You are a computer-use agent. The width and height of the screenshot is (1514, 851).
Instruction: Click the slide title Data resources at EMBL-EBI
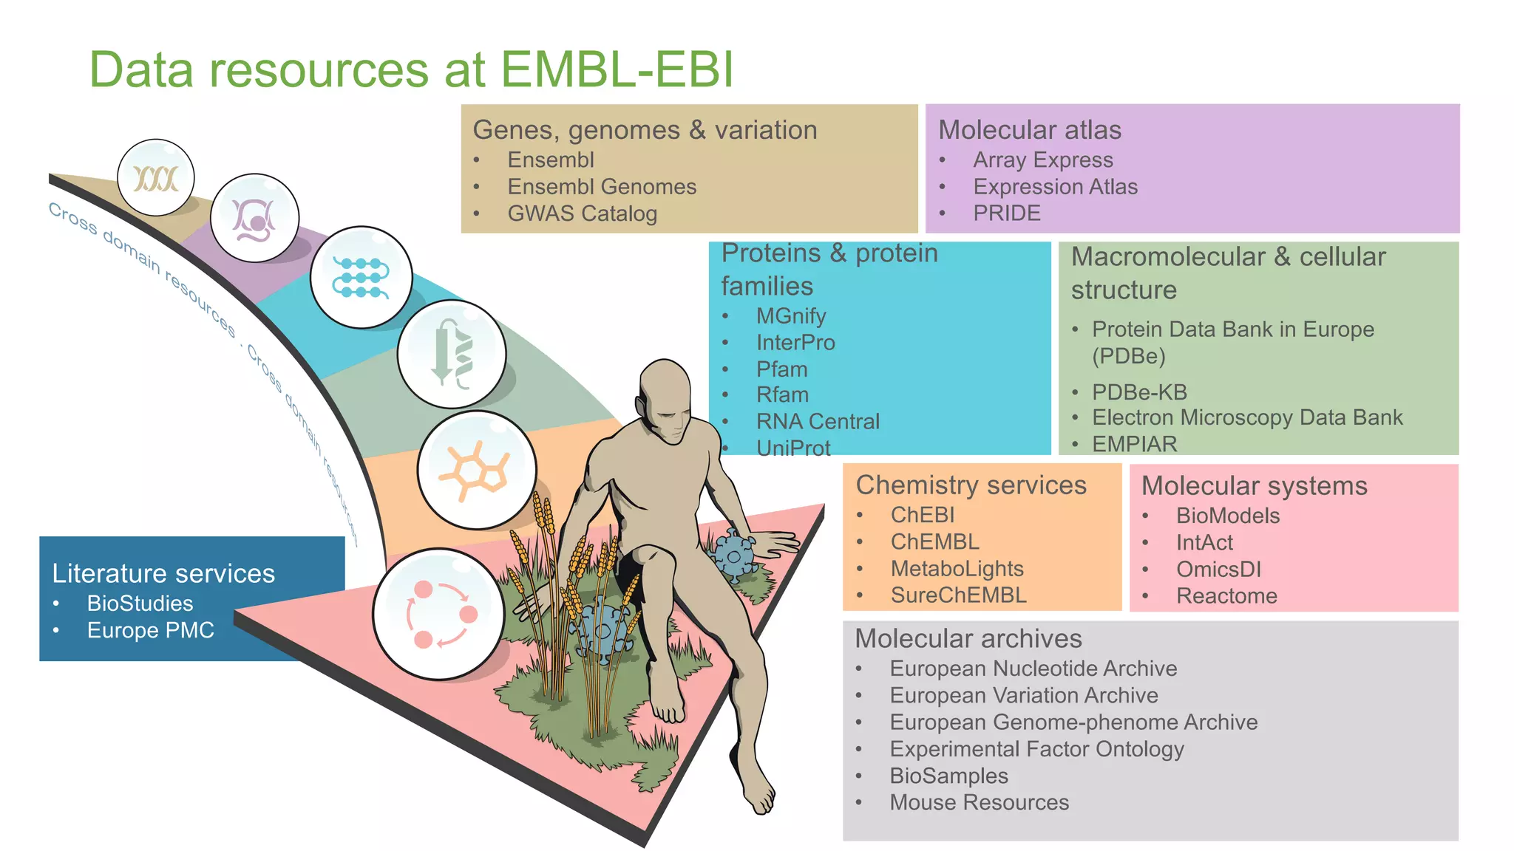[x=411, y=69]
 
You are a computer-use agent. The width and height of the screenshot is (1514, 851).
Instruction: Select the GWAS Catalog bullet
[x=582, y=213]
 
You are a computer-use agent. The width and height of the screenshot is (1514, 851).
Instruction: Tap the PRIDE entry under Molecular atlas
[x=1006, y=213]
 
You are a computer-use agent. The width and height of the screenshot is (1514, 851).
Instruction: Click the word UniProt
[x=792, y=448]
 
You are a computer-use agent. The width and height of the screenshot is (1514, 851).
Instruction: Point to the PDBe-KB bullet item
[x=1139, y=392]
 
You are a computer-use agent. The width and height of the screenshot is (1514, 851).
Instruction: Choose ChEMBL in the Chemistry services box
[x=934, y=541]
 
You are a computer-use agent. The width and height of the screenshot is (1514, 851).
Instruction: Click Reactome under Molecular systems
[x=1226, y=595]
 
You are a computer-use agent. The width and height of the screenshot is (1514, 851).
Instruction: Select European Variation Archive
[x=1023, y=695]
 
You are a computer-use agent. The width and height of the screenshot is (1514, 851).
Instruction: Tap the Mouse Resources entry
[x=979, y=802]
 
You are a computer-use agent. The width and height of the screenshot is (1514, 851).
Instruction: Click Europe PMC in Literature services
[x=150, y=630]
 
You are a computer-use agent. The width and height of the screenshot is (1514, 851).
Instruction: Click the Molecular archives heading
[x=968, y=638]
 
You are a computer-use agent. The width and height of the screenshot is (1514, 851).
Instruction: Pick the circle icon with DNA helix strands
[x=156, y=178]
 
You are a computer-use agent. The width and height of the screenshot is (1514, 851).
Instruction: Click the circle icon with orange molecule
[x=476, y=470]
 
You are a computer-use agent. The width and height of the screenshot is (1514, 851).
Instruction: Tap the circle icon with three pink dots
[x=439, y=614]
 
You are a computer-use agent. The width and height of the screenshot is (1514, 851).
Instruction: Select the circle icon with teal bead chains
[x=361, y=277]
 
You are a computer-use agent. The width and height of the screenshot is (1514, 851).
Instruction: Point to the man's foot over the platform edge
[x=761, y=795]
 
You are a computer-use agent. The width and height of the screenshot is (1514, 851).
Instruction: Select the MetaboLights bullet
[x=957, y=568]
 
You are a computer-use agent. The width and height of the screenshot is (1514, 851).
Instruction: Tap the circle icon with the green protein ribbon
[x=452, y=354]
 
